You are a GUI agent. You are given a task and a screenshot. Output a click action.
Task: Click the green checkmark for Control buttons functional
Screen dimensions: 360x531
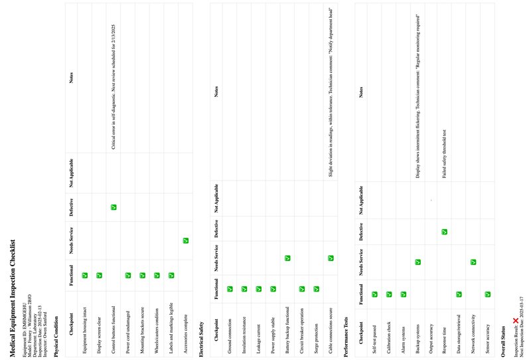[x=114, y=208]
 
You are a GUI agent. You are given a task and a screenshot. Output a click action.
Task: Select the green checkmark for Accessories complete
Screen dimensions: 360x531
[x=186, y=240]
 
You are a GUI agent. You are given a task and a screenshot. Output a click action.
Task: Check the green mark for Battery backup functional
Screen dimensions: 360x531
[x=287, y=258]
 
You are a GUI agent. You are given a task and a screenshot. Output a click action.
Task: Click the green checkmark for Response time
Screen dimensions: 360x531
[x=444, y=231]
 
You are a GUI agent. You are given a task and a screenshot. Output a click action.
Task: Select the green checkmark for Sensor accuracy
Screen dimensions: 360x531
[x=488, y=293]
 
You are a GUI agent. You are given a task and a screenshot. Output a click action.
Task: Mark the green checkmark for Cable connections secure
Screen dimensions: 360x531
[x=331, y=258]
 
